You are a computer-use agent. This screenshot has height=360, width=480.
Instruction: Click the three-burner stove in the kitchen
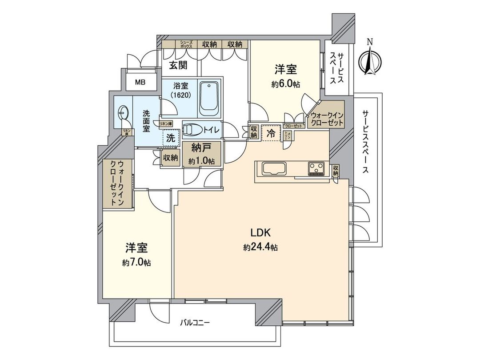pos(316,168)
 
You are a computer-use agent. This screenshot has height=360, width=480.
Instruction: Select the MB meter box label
pos(140,83)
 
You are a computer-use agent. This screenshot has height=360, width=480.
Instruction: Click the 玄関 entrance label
pos(177,65)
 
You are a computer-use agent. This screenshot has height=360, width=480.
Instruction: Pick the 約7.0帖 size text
pos(136,263)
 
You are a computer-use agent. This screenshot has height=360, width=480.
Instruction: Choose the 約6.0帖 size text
pos(285,84)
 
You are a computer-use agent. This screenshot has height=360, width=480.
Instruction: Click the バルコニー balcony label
pos(195,322)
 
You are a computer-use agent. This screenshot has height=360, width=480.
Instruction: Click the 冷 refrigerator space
pos(271,133)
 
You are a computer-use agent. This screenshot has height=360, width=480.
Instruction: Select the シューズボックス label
pos(186,44)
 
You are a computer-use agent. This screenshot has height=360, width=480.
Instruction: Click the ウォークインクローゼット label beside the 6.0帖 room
pos(326,118)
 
